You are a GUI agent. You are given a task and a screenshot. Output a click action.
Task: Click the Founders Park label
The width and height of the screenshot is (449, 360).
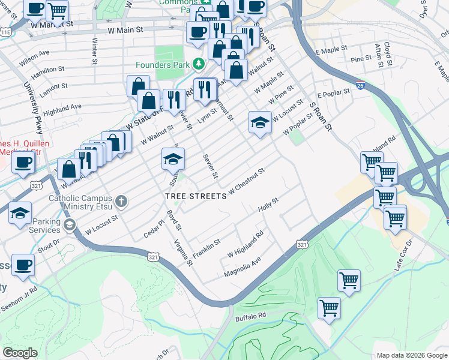pyautogui.click(x=162, y=65)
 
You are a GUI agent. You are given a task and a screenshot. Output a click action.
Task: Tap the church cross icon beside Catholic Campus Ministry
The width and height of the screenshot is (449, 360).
pyautogui.click(x=122, y=200)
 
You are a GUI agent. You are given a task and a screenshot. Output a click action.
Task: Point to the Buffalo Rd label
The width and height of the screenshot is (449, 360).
pyautogui.click(x=250, y=316)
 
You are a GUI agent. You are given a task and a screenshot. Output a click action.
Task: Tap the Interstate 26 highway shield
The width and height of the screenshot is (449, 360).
pyautogui.click(x=360, y=86)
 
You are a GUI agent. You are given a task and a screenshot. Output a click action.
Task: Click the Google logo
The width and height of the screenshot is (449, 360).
pyautogui.click(x=20, y=353)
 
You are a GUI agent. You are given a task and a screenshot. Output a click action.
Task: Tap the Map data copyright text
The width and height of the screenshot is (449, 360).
pyautogui.click(x=411, y=355)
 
